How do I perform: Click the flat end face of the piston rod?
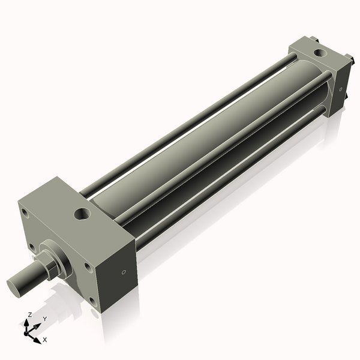14,287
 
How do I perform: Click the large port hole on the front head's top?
82,214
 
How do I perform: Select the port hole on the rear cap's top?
320,53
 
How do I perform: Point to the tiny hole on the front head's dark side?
124,272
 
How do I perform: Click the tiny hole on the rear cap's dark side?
341,89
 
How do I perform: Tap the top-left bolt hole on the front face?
25,213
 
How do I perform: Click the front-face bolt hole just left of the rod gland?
32,248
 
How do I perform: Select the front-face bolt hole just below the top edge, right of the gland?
88,268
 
